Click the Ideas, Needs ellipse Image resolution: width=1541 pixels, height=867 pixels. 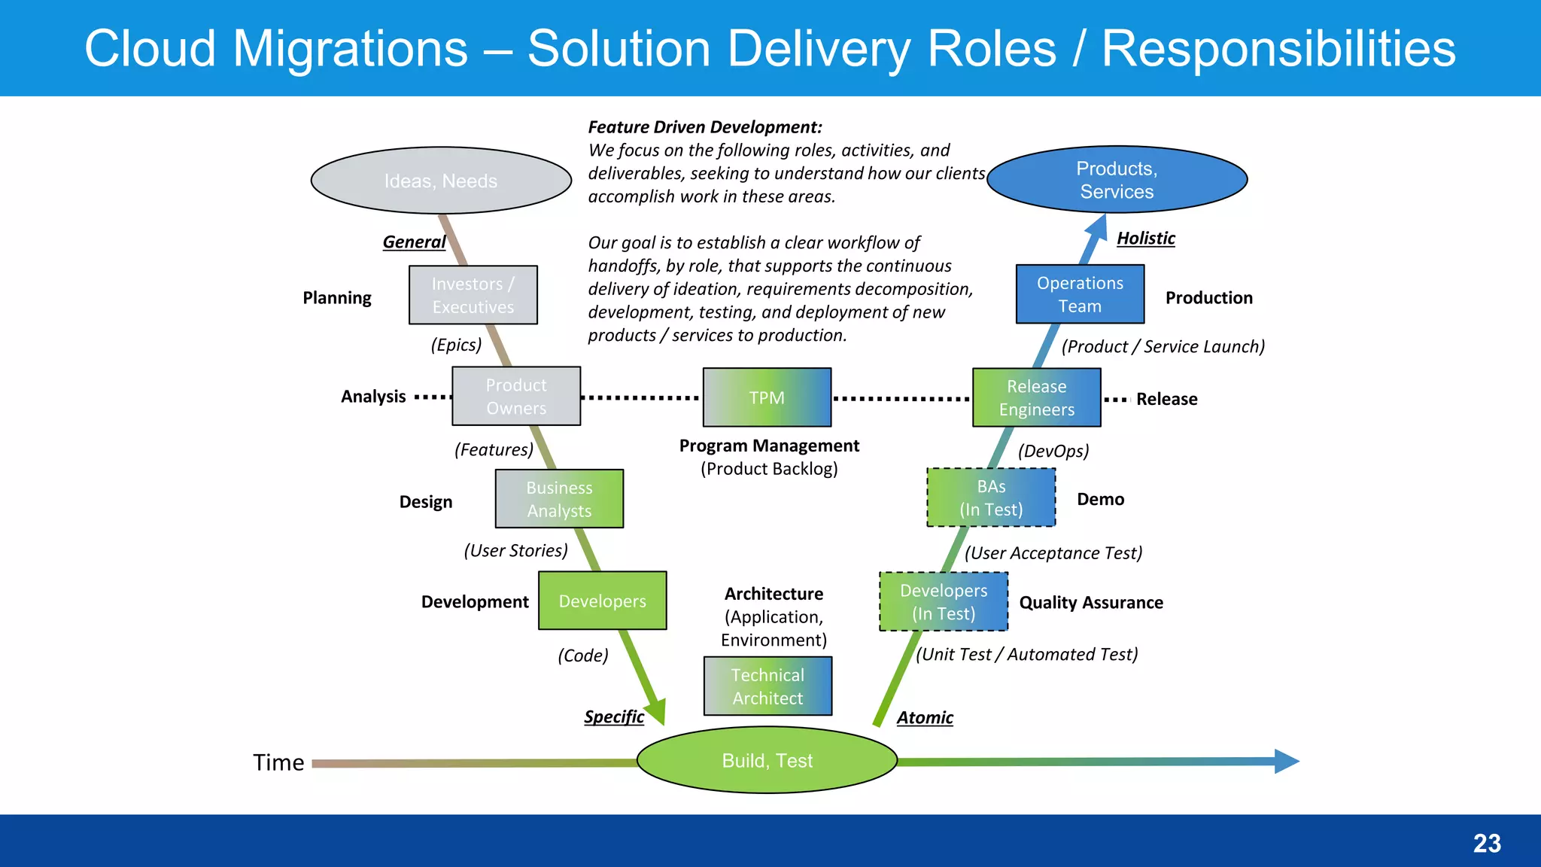coord(441,181)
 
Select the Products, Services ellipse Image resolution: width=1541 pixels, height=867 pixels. coord(1117,180)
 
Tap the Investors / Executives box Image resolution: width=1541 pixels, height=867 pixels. coord(473,295)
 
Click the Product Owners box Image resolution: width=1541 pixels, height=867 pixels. coord(516,397)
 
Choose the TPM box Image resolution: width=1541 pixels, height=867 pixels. coord(767,397)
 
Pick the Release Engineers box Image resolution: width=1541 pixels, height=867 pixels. coord(1036,397)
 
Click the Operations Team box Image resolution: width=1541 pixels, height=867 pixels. coord(1080,294)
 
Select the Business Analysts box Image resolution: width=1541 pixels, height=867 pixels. coord(559,499)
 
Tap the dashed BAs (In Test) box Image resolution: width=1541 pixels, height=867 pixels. coord(991,497)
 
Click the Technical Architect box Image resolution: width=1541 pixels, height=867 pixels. coord(767,686)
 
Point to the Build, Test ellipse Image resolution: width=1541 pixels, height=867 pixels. coord(767,760)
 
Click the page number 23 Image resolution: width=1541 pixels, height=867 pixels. coord(1486,843)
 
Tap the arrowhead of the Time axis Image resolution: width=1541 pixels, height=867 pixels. coord(1287,761)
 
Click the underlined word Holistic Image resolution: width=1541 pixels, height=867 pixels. coord(1145,239)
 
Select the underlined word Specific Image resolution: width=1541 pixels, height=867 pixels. coord(614,716)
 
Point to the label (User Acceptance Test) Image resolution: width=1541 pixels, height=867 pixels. coord(1053,553)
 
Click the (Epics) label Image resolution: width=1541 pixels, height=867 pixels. coord(456,345)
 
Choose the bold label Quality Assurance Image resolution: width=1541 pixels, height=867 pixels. coord(1090,602)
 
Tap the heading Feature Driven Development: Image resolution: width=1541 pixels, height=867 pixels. coord(705,127)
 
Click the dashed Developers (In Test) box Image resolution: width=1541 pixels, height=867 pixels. coord(944,601)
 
